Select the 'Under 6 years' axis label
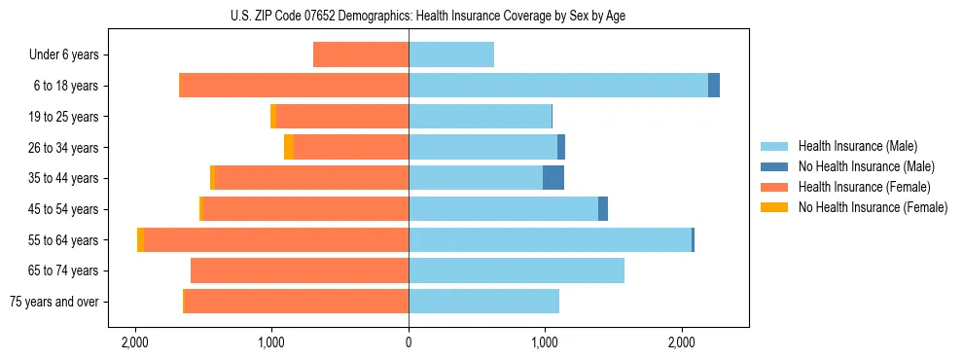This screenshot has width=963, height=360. [x=63, y=54]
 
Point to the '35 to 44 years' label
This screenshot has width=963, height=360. [x=63, y=178]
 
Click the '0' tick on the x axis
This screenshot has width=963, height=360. [x=409, y=342]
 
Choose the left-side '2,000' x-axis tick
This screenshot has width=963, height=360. [x=134, y=342]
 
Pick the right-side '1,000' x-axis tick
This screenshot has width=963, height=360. [x=545, y=342]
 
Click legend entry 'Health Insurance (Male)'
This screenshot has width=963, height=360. [x=857, y=146]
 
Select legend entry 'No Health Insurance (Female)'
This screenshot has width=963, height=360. [x=873, y=207]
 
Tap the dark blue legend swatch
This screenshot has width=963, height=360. [x=774, y=166]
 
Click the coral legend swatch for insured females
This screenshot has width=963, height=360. [x=774, y=187]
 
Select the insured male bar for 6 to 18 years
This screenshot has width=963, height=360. [x=558, y=86]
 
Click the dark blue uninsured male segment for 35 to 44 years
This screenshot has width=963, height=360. [x=553, y=178]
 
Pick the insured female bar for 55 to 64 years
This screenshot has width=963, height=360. [x=276, y=239]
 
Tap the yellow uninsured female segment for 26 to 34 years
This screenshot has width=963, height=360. [x=289, y=147]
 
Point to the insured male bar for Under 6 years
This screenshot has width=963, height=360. [x=451, y=54]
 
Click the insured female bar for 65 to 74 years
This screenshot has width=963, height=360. [x=300, y=270]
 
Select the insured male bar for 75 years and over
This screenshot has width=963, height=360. [x=483, y=302]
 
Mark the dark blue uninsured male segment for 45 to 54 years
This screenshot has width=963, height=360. [x=603, y=208]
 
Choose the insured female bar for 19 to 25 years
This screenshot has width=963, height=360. [x=342, y=116]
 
